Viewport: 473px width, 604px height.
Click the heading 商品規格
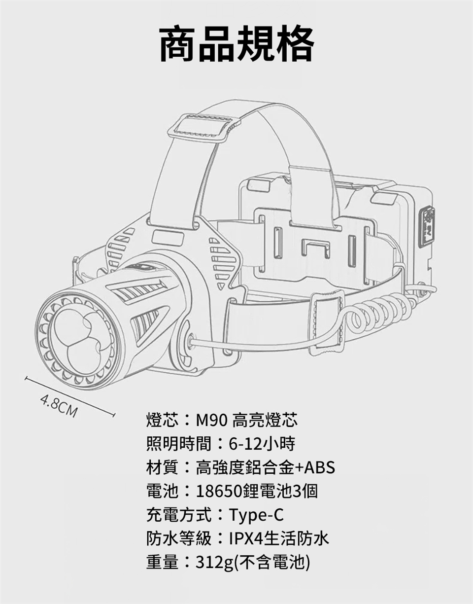[x=236, y=44]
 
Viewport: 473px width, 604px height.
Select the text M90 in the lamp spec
[x=211, y=421]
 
